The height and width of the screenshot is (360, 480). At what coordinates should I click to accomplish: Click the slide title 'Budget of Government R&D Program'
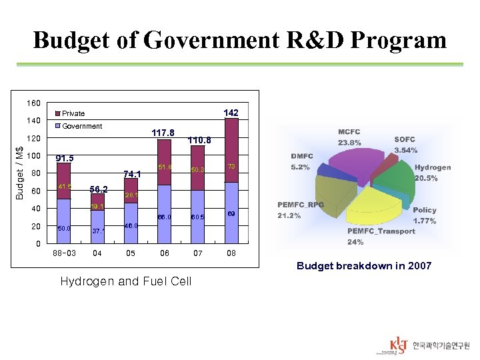click(x=239, y=40)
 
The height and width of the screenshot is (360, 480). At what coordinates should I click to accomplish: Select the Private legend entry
click(x=73, y=113)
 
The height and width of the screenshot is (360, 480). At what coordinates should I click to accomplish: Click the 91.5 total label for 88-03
click(x=65, y=159)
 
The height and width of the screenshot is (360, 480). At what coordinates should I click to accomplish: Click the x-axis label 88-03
click(x=65, y=253)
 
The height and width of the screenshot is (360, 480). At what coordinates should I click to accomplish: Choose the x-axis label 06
click(x=164, y=253)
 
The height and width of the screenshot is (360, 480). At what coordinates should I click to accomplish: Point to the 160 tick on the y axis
click(x=33, y=103)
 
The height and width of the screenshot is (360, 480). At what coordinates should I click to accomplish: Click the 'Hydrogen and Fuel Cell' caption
click(x=125, y=281)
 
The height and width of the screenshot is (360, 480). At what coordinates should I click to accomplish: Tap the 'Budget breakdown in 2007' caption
click(x=364, y=265)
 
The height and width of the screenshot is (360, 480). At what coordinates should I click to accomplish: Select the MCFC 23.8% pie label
click(x=350, y=137)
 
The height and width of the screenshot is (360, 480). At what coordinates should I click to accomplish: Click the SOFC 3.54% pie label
click(x=405, y=145)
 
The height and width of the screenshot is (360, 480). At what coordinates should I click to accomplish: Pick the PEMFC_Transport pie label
click(x=381, y=236)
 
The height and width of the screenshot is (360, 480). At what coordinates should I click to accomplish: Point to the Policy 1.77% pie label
click(x=425, y=215)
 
